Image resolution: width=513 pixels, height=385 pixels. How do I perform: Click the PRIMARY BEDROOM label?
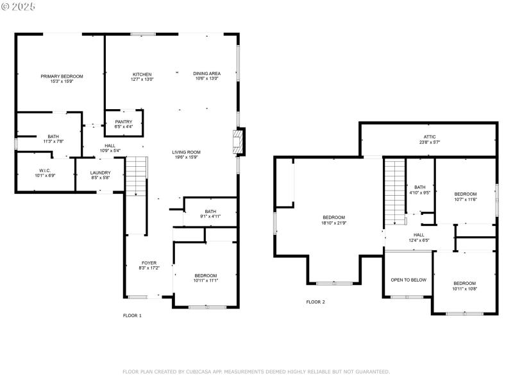click(x=62, y=76)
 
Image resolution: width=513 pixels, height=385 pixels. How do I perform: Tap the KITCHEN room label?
click(x=142, y=74)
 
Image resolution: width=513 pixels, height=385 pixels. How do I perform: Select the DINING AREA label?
click(x=206, y=74)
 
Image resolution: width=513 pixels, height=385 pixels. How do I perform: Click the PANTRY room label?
click(x=124, y=122)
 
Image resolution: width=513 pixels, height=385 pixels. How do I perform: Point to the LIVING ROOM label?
click(x=186, y=152)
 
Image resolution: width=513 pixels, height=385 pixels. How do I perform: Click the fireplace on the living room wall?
click(x=239, y=142)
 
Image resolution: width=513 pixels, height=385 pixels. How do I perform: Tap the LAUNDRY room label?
click(x=100, y=173)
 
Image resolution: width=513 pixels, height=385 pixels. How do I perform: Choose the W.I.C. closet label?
click(x=44, y=170)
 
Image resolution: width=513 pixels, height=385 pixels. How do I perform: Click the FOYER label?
click(x=149, y=263)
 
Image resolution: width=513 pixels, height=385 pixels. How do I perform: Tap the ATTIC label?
click(x=430, y=137)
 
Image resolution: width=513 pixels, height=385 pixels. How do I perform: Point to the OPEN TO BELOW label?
click(x=408, y=280)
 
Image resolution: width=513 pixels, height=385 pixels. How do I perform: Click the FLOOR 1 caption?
click(x=132, y=316)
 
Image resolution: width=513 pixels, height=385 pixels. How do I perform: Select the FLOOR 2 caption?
click(x=315, y=302)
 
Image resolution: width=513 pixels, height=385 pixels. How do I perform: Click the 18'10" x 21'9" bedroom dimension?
click(x=333, y=223)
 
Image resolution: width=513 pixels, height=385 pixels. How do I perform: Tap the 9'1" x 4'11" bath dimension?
click(x=210, y=216)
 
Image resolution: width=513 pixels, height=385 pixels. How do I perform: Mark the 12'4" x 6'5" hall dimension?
click(x=418, y=240)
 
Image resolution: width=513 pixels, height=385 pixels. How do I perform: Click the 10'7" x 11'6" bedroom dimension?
click(x=466, y=199)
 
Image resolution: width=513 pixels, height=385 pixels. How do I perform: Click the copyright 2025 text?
click(x=19, y=6)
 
